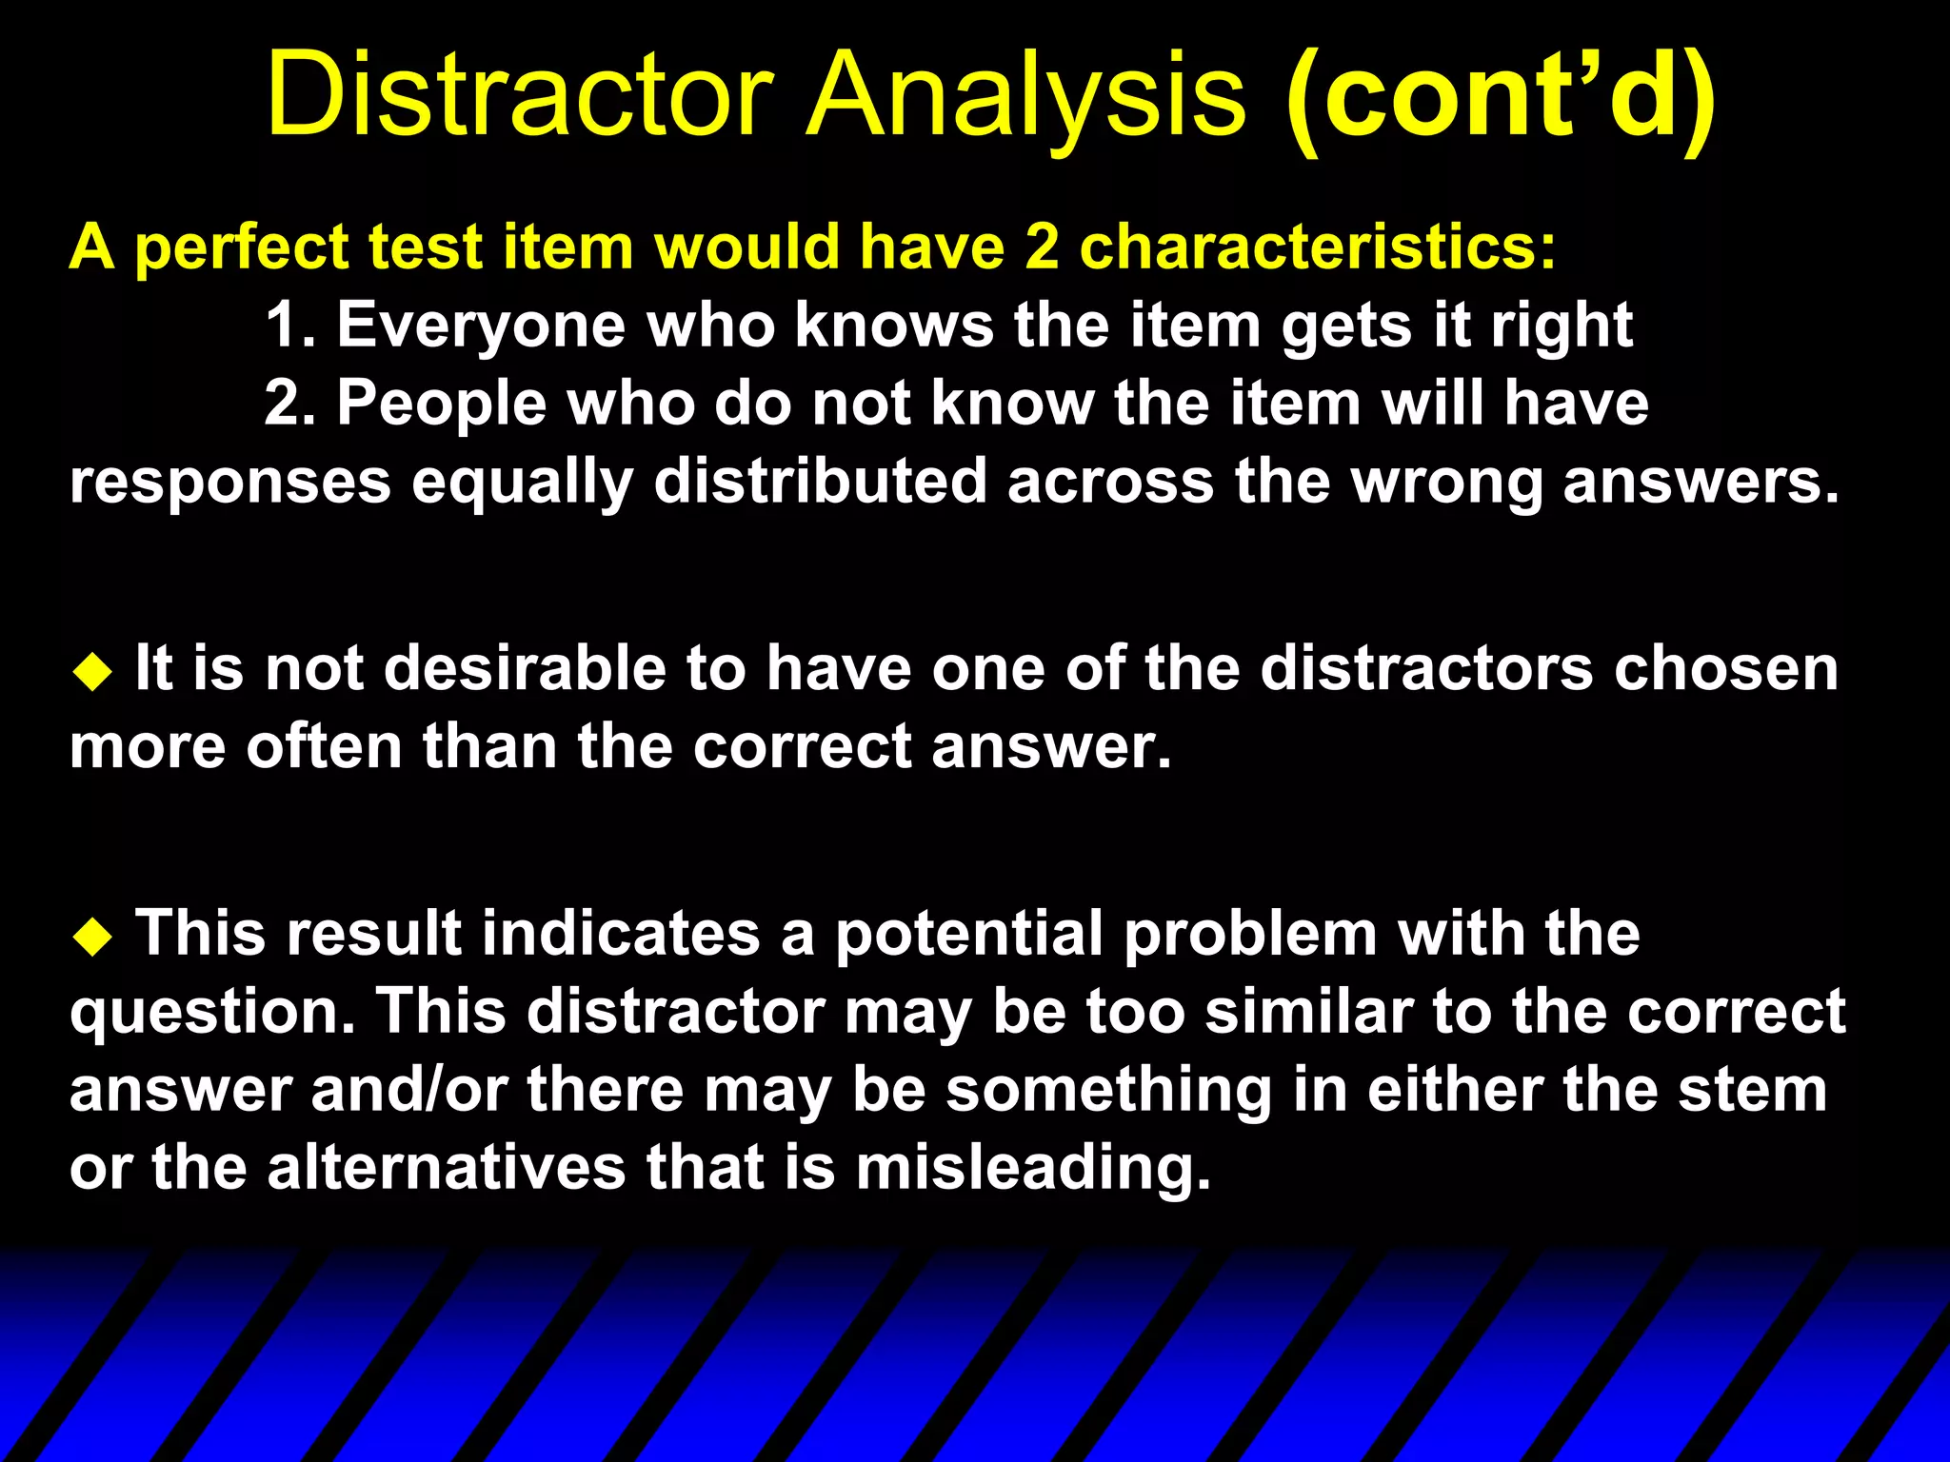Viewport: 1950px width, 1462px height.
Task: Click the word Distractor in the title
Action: click(520, 95)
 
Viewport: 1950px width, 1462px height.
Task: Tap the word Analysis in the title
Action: click(1026, 95)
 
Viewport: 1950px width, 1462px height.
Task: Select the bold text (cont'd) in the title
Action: click(1501, 95)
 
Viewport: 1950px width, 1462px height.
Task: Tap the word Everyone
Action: click(482, 326)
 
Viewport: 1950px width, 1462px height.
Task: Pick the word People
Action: click(442, 405)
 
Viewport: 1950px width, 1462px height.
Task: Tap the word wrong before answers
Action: click(1448, 481)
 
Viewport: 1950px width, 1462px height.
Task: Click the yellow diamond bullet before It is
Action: click(92, 672)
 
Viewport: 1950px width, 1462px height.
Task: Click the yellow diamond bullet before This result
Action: click(92, 937)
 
